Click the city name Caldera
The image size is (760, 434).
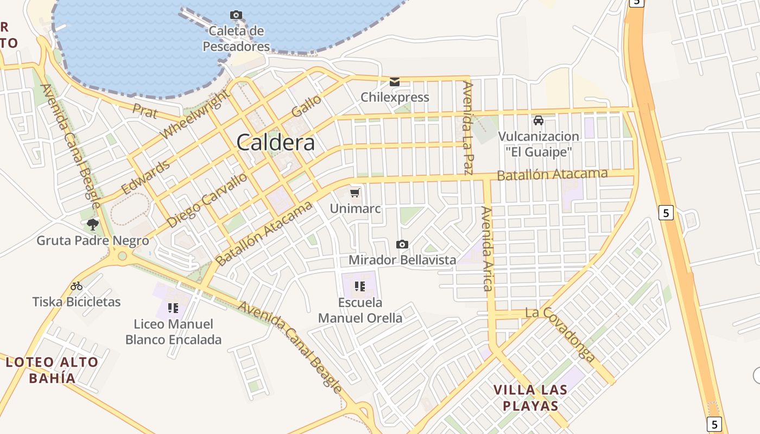point(275,142)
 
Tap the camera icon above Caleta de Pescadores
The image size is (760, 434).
point(236,15)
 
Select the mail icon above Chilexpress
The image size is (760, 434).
point(395,82)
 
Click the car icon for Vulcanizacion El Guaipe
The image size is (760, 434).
point(539,120)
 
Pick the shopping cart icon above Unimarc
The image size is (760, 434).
point(355,193)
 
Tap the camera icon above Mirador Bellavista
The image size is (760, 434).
point(402,244)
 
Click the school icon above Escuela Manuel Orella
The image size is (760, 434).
point(359,286)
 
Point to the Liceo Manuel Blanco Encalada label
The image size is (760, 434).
point(173,332)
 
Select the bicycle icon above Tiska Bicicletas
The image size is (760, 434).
point(77,286)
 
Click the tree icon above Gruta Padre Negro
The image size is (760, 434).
point(93,224)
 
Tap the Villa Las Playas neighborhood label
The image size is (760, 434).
point(530,398)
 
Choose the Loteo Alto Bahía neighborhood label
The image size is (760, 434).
point(52,370)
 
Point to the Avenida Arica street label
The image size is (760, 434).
point(487,249)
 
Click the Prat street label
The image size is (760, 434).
point(145,111)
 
